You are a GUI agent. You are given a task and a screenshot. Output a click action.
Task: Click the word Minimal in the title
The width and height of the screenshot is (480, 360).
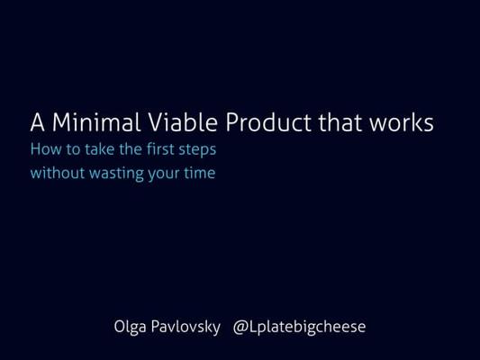pyautogui.click(x=96, y=122)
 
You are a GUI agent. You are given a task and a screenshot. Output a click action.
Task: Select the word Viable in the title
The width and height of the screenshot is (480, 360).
pyautogui.click(x=183, y=122)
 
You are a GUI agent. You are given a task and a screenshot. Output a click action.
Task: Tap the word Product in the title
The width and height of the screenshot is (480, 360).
pyautogui.click(x=268, y=122)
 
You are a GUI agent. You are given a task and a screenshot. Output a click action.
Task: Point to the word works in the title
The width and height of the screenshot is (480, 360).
pyautogui.click(x=402, y=122)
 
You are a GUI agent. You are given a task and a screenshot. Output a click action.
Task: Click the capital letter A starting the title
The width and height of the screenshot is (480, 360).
pyautogui.click(x=37, y=122)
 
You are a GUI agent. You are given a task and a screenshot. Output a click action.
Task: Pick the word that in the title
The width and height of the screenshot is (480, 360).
pyautogui.click(x=340, y=122)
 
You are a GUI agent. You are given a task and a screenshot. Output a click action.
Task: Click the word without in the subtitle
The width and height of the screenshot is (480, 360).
pyautogui.click(x=58, y=173)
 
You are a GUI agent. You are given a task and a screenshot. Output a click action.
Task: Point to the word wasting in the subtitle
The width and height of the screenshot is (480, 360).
pyautogui.click(x=117, y=175)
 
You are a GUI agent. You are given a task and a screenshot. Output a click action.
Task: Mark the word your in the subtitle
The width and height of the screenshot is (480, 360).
pyautogui.click(x=164, y=175)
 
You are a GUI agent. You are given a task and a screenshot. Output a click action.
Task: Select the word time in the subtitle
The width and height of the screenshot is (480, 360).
pyautogui.click(x=200, y=173)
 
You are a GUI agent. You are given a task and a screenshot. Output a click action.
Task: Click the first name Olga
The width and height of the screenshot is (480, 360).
pyautogui.click(x=130, y=328)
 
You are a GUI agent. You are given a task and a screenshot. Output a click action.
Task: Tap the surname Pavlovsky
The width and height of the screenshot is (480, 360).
pyautogui.click(x=186, y=328)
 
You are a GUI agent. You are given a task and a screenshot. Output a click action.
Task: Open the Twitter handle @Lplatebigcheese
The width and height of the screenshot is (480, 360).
pyautogui.click(x=299, y=328)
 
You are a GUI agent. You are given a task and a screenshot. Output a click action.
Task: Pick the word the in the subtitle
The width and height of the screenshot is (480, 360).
pyautogui.click(x=131, y=149)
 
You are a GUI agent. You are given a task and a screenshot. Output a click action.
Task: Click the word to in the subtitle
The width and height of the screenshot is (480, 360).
pyautogui.click(x=73, y=149)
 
